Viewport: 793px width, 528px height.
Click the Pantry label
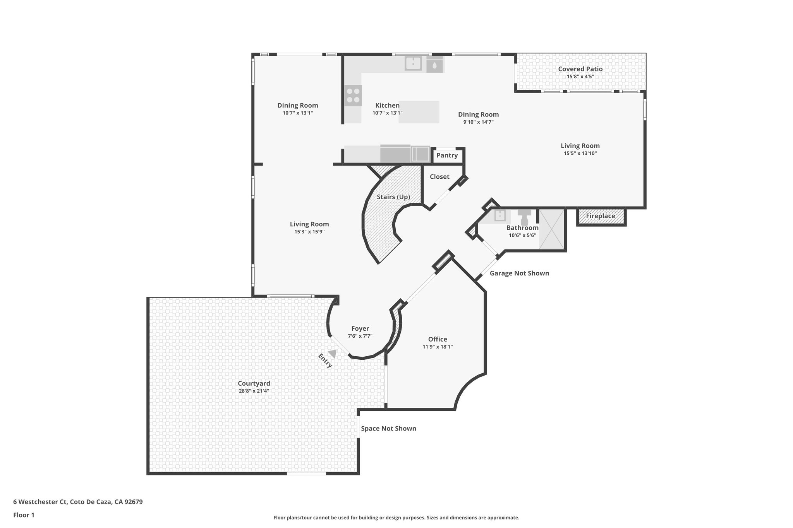click(x=447, y=155)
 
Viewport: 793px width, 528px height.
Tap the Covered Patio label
click(x=580, y=69)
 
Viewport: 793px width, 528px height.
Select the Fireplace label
click(x=600, y=216)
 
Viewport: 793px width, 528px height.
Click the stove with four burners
click(x=353, y=95)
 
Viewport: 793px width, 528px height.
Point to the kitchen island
click(x=419, y=112)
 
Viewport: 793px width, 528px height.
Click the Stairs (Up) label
click(x=393, y=197)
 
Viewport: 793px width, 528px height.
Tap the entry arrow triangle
click(x=333, y=353)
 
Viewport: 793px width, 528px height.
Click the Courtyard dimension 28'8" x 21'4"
click(x=254, y=391)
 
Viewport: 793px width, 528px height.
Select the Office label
click(x=438, y=339)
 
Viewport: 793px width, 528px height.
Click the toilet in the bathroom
click(x=525, y=218)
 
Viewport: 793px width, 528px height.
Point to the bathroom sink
click(x=500, y=215)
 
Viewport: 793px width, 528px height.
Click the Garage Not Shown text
click(x=519, y=273)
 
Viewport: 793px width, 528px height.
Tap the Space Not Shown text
click(x=388, y=429)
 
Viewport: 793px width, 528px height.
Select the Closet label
click(x=439, y=177)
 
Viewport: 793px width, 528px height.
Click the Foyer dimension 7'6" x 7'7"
click(x=360, y=336)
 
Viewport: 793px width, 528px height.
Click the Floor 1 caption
click(x=24, y=515)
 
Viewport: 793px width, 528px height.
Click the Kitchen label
click(x=387, y=106)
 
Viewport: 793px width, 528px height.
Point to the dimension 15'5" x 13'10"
click(x=580, y=153)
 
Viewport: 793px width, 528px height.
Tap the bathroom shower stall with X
click(x=551, y=229)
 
